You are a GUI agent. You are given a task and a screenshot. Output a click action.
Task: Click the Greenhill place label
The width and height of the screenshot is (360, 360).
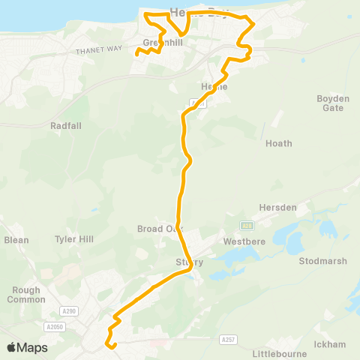158,43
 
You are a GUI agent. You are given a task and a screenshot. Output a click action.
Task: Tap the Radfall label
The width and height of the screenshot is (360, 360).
65,126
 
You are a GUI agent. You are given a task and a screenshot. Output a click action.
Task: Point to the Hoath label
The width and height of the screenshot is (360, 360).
279,143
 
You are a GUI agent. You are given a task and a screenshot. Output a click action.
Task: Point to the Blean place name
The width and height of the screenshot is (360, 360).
16,240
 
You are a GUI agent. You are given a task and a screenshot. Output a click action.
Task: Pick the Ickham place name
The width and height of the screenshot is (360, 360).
331,344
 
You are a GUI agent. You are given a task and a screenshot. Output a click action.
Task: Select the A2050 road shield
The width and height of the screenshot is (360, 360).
55,327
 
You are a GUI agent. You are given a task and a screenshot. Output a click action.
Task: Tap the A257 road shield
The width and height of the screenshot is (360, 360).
229,340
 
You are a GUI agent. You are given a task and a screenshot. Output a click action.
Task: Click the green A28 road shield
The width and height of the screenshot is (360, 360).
247,225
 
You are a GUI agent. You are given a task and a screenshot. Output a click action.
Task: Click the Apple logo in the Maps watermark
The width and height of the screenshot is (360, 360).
12,347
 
